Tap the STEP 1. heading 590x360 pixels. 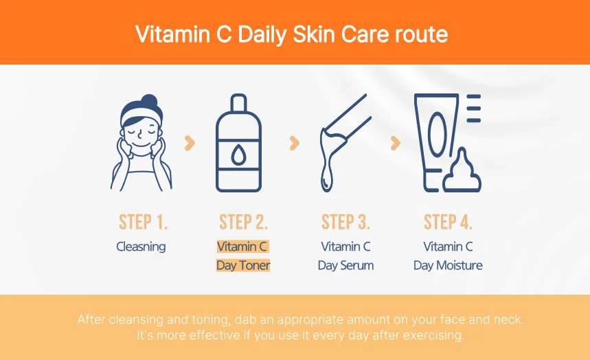tap(143, 223)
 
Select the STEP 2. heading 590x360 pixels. tap(243, 223)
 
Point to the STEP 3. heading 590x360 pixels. tap(345, 223)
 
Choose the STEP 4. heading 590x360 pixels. tap(448, 223)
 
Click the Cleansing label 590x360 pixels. tap(141, 247)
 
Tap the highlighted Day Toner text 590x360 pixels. tap(243, 265)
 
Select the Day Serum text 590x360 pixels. tap(345, 265)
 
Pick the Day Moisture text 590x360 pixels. tap(448, 265)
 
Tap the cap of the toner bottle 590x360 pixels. tap(238, 104)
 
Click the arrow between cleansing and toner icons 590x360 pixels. tap(190, 143)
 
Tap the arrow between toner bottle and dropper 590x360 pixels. tap(294, 143)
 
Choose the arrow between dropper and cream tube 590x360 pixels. tap(395, 143)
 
